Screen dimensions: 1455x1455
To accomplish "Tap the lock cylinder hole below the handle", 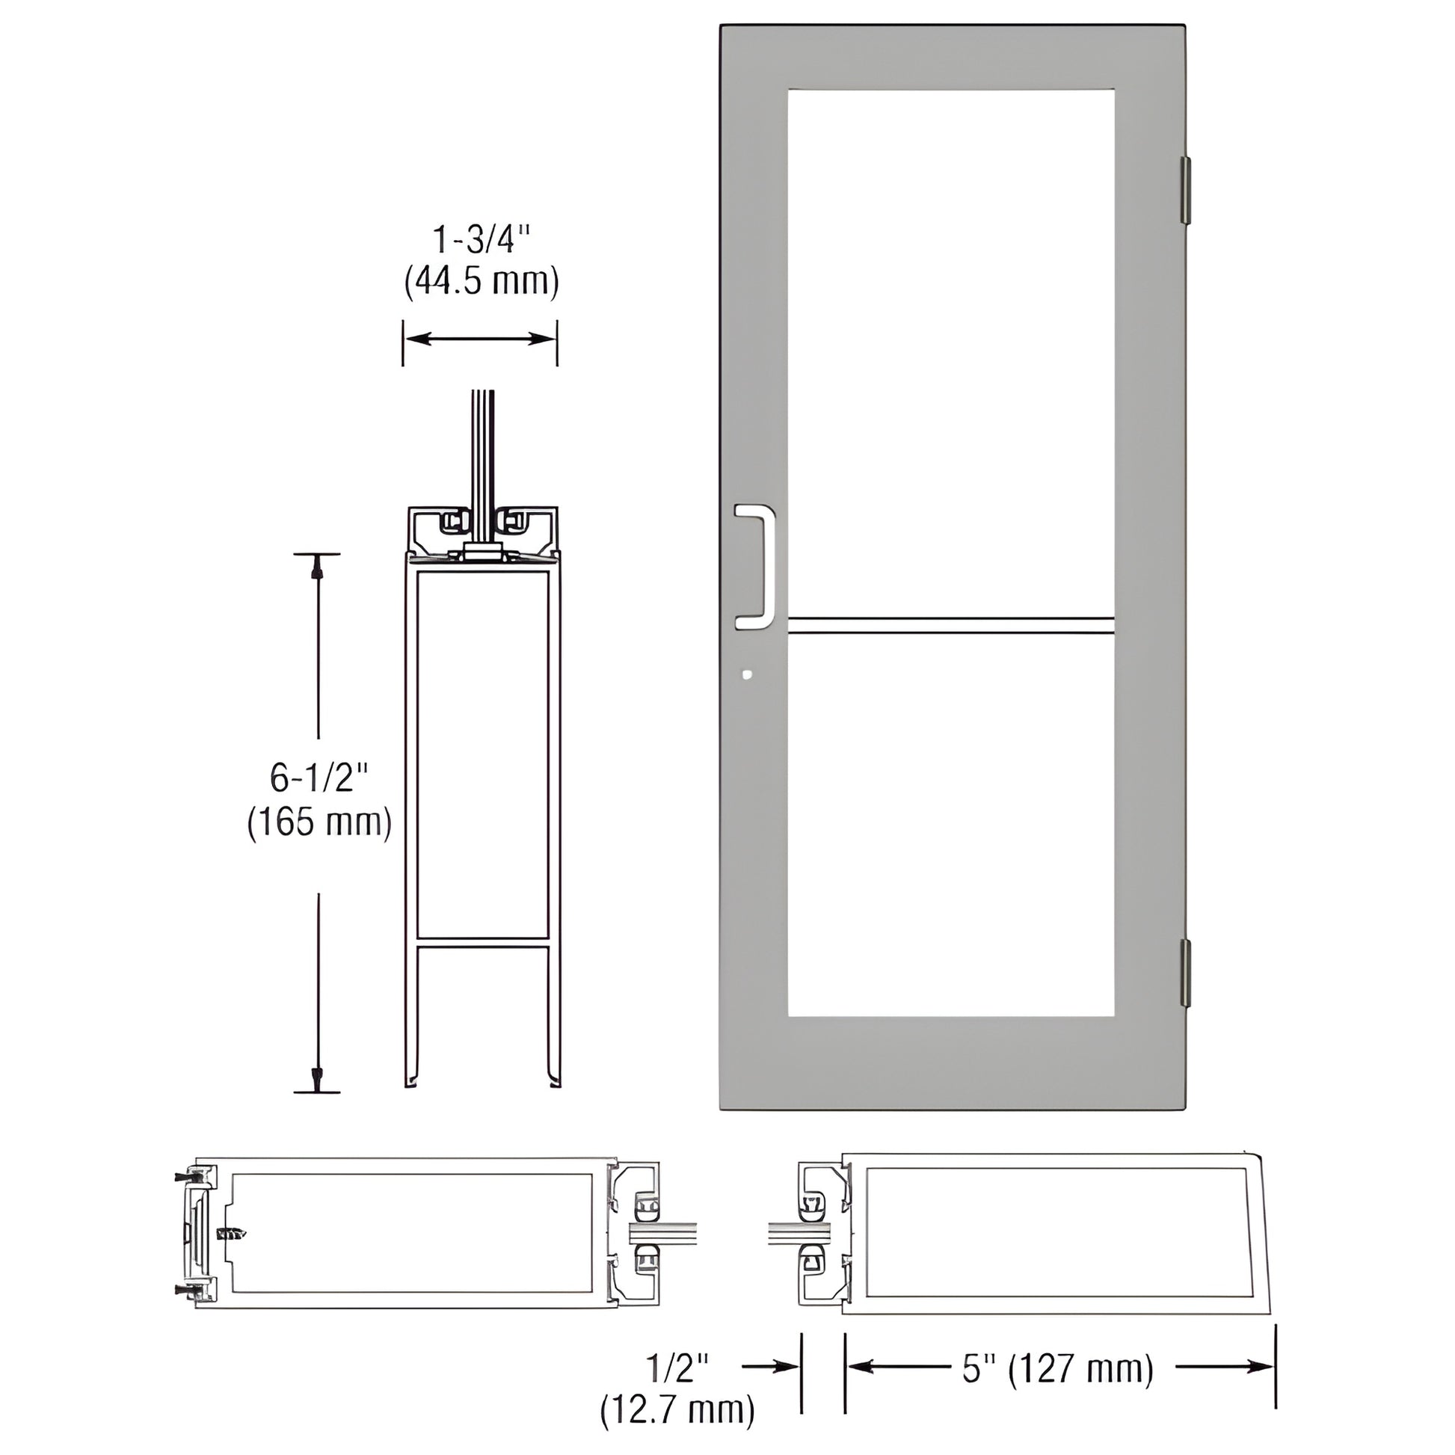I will click(x=746, y=674).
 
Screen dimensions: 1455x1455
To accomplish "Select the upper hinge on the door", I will click(x=1184, y=191).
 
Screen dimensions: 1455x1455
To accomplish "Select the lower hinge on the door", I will click(x=1184, y=972).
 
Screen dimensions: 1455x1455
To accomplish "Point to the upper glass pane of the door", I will click(x=950, y=346).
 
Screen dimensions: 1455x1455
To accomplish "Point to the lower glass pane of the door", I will click(x=950, y=821).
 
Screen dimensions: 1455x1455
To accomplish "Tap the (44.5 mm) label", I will click(x=482, y=283).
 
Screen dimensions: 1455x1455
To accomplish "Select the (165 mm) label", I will click(x=319, y=822).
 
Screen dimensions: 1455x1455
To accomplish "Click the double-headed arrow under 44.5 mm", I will click(x=481, y=339).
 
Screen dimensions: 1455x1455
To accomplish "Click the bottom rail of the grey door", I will click(x=950, y=1062).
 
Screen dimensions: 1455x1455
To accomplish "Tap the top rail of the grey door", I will click(x=950, y=58).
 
